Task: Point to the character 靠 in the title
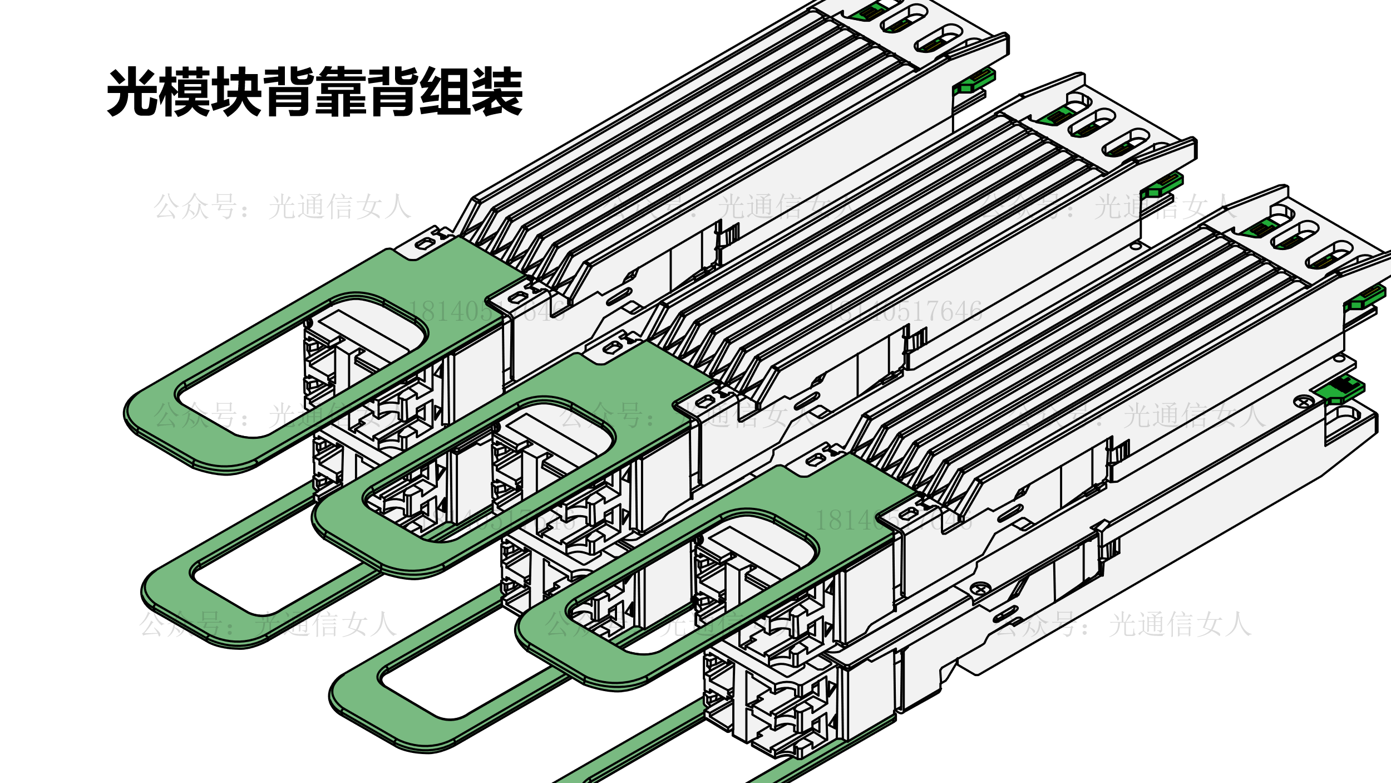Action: (x=341, y=92)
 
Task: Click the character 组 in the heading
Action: (x=444, y=92)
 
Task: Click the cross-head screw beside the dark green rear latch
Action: (x=1304, y=401)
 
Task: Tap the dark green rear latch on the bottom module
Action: (x=1341, y=389)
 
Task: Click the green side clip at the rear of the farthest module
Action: (x=974, y=81)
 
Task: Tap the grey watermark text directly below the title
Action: (x=282, y=207)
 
